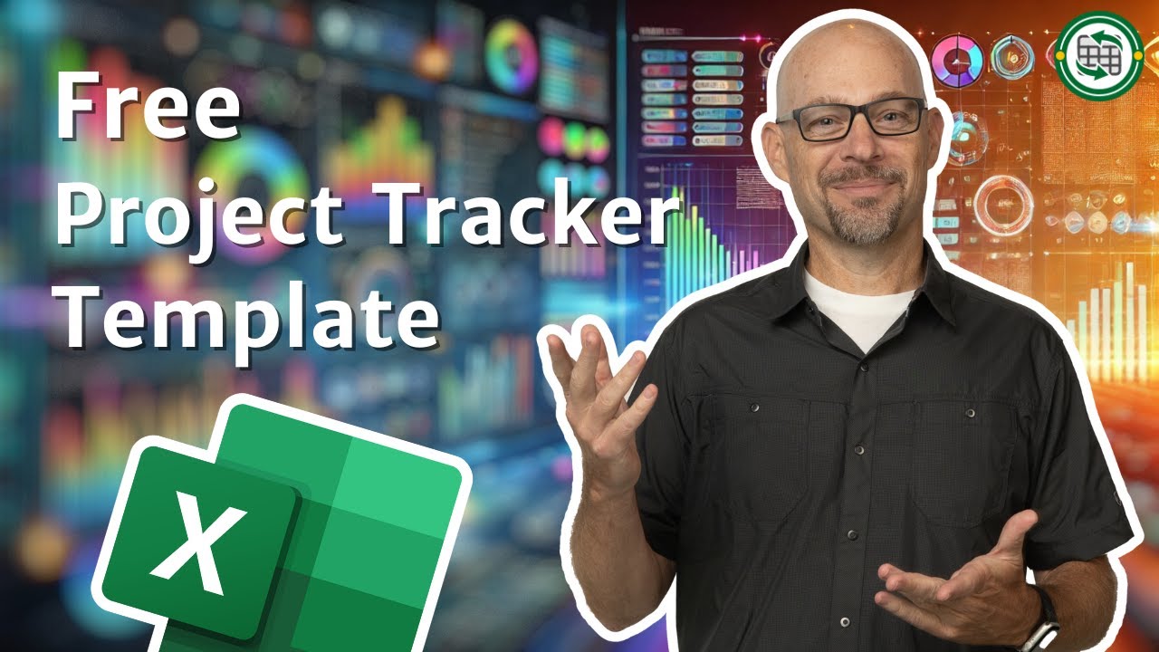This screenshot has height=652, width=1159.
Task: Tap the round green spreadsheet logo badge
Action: click(1098, 55)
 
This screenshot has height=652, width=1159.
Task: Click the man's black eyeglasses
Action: click(851, 120)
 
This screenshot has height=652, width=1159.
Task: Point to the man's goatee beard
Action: click(865, 217)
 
